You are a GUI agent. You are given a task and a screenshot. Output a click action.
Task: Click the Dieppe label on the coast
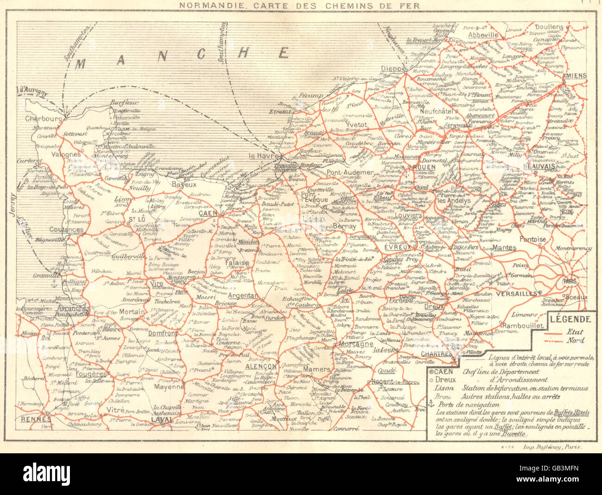click(x=393, y=69)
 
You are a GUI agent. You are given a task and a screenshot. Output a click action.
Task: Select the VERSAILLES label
click(x=518, y=293)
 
